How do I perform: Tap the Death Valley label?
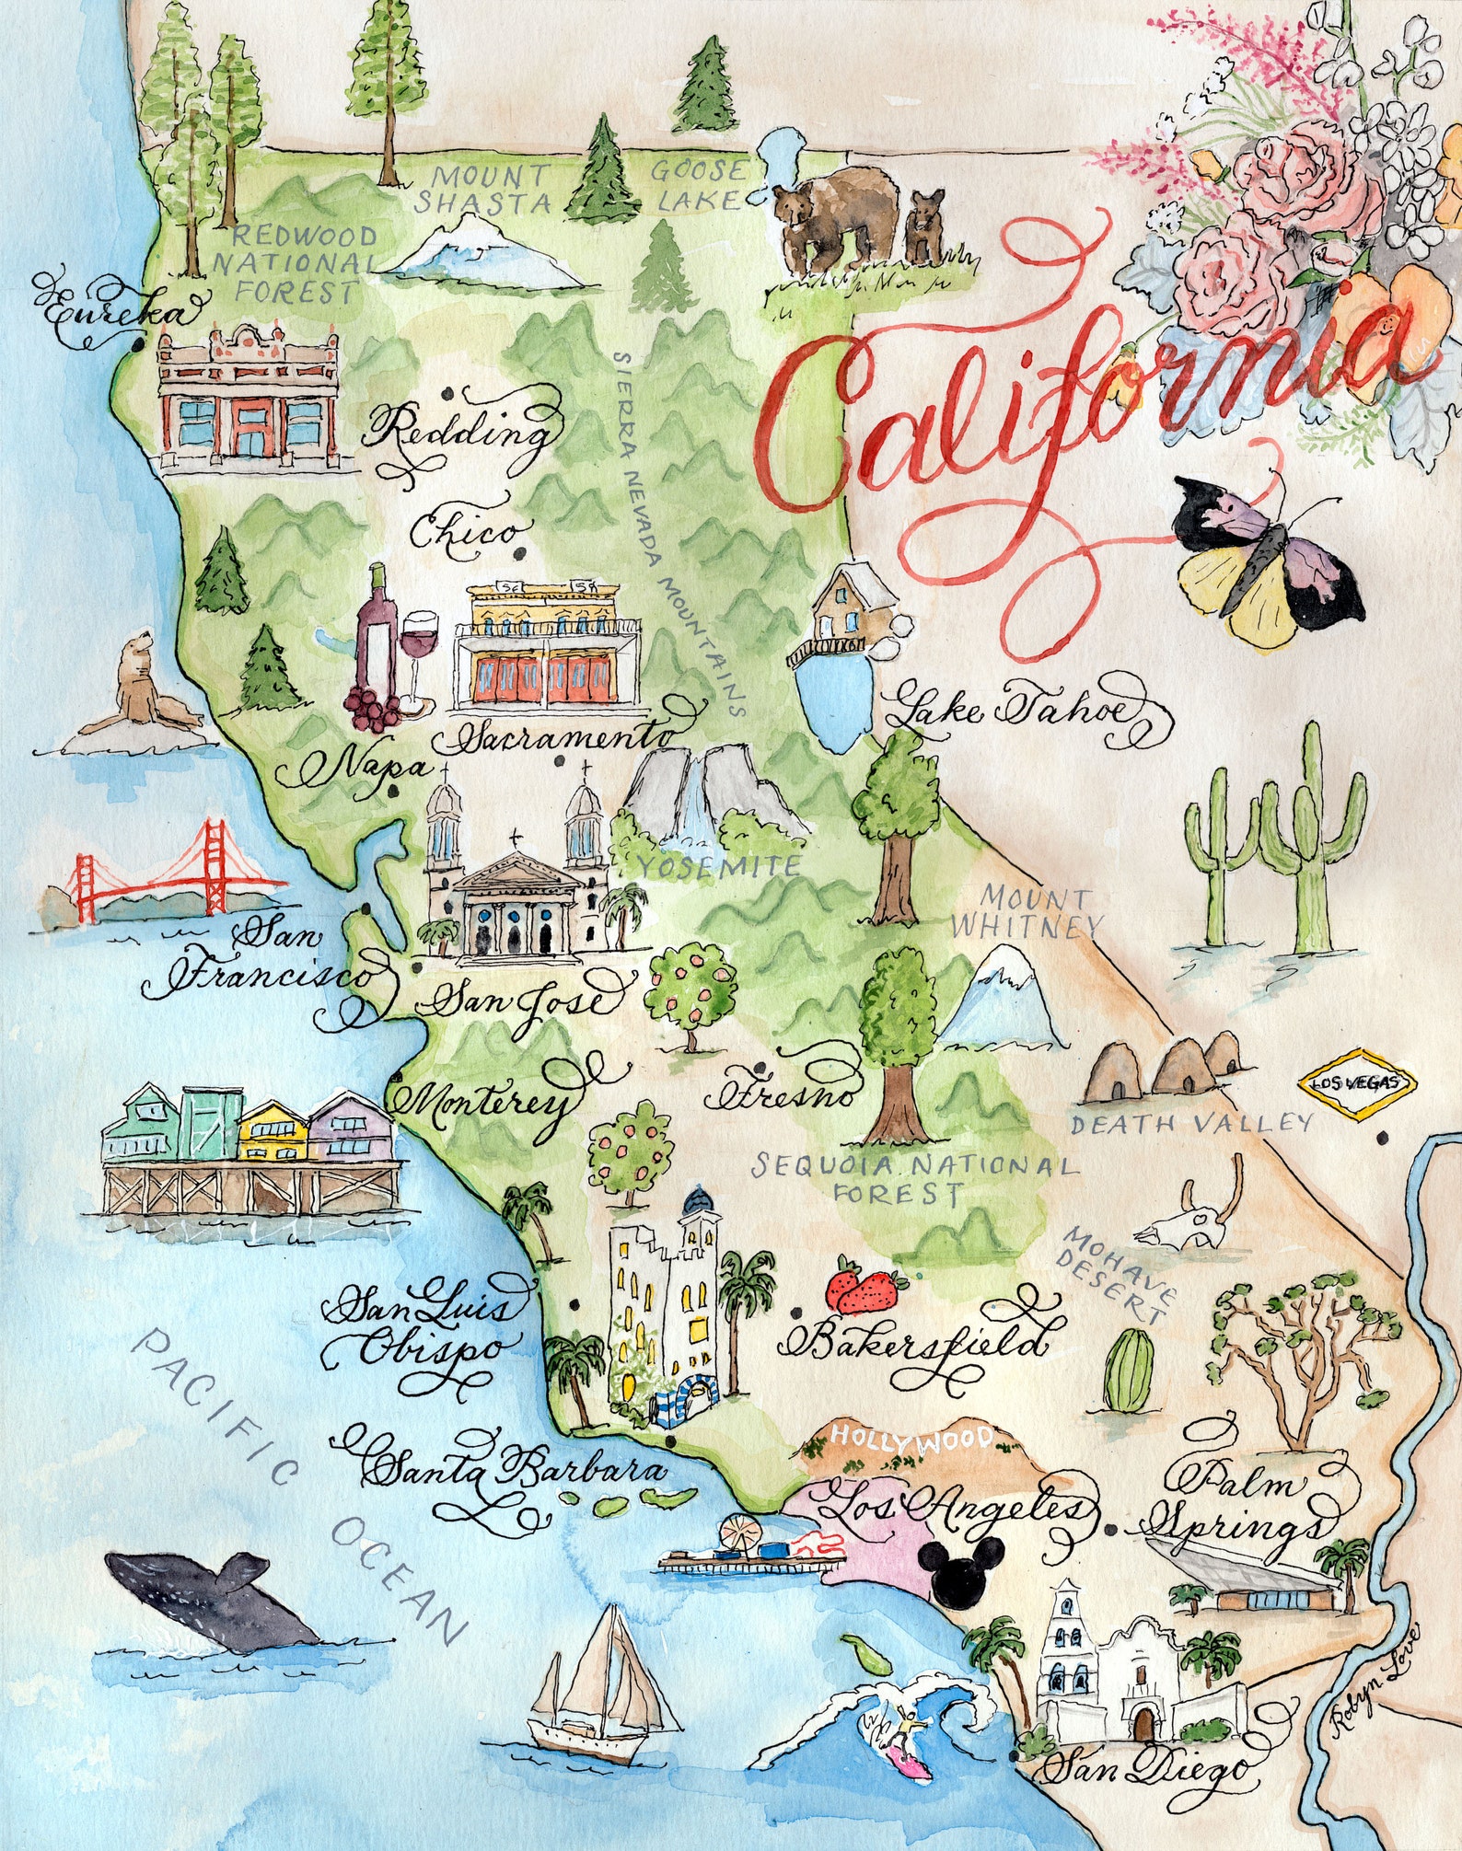[x=1190, y=1123]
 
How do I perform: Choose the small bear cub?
[x=924, y=226]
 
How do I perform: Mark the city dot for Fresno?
[x=760, y=1068]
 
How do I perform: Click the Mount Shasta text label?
[x=482, y=189]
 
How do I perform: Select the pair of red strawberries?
[x=865, y=1290]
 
